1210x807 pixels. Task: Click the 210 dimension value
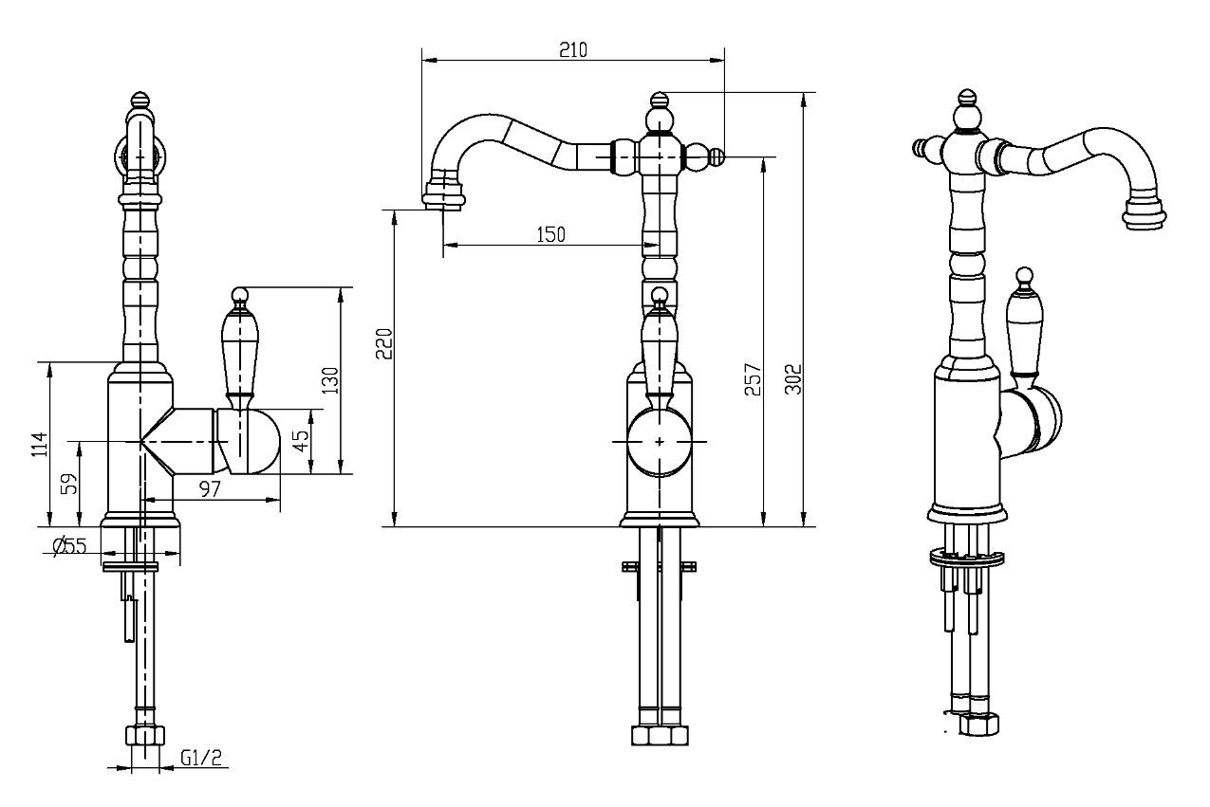572,49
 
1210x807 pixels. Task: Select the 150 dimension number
550,235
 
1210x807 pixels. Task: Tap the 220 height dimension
384,343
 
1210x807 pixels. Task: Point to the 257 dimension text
753,379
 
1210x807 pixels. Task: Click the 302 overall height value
792,379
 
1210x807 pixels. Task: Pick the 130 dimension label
329,380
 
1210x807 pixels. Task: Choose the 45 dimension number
303,441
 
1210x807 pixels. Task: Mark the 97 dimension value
210,489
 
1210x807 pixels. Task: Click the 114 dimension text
40,444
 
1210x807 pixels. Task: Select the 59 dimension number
69,484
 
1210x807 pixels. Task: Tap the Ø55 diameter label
70,545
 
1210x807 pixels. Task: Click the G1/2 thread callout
201,759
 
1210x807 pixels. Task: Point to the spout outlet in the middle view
443,195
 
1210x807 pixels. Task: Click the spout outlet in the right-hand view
1144,215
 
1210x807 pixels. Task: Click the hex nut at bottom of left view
145,736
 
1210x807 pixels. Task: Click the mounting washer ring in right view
966,557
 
